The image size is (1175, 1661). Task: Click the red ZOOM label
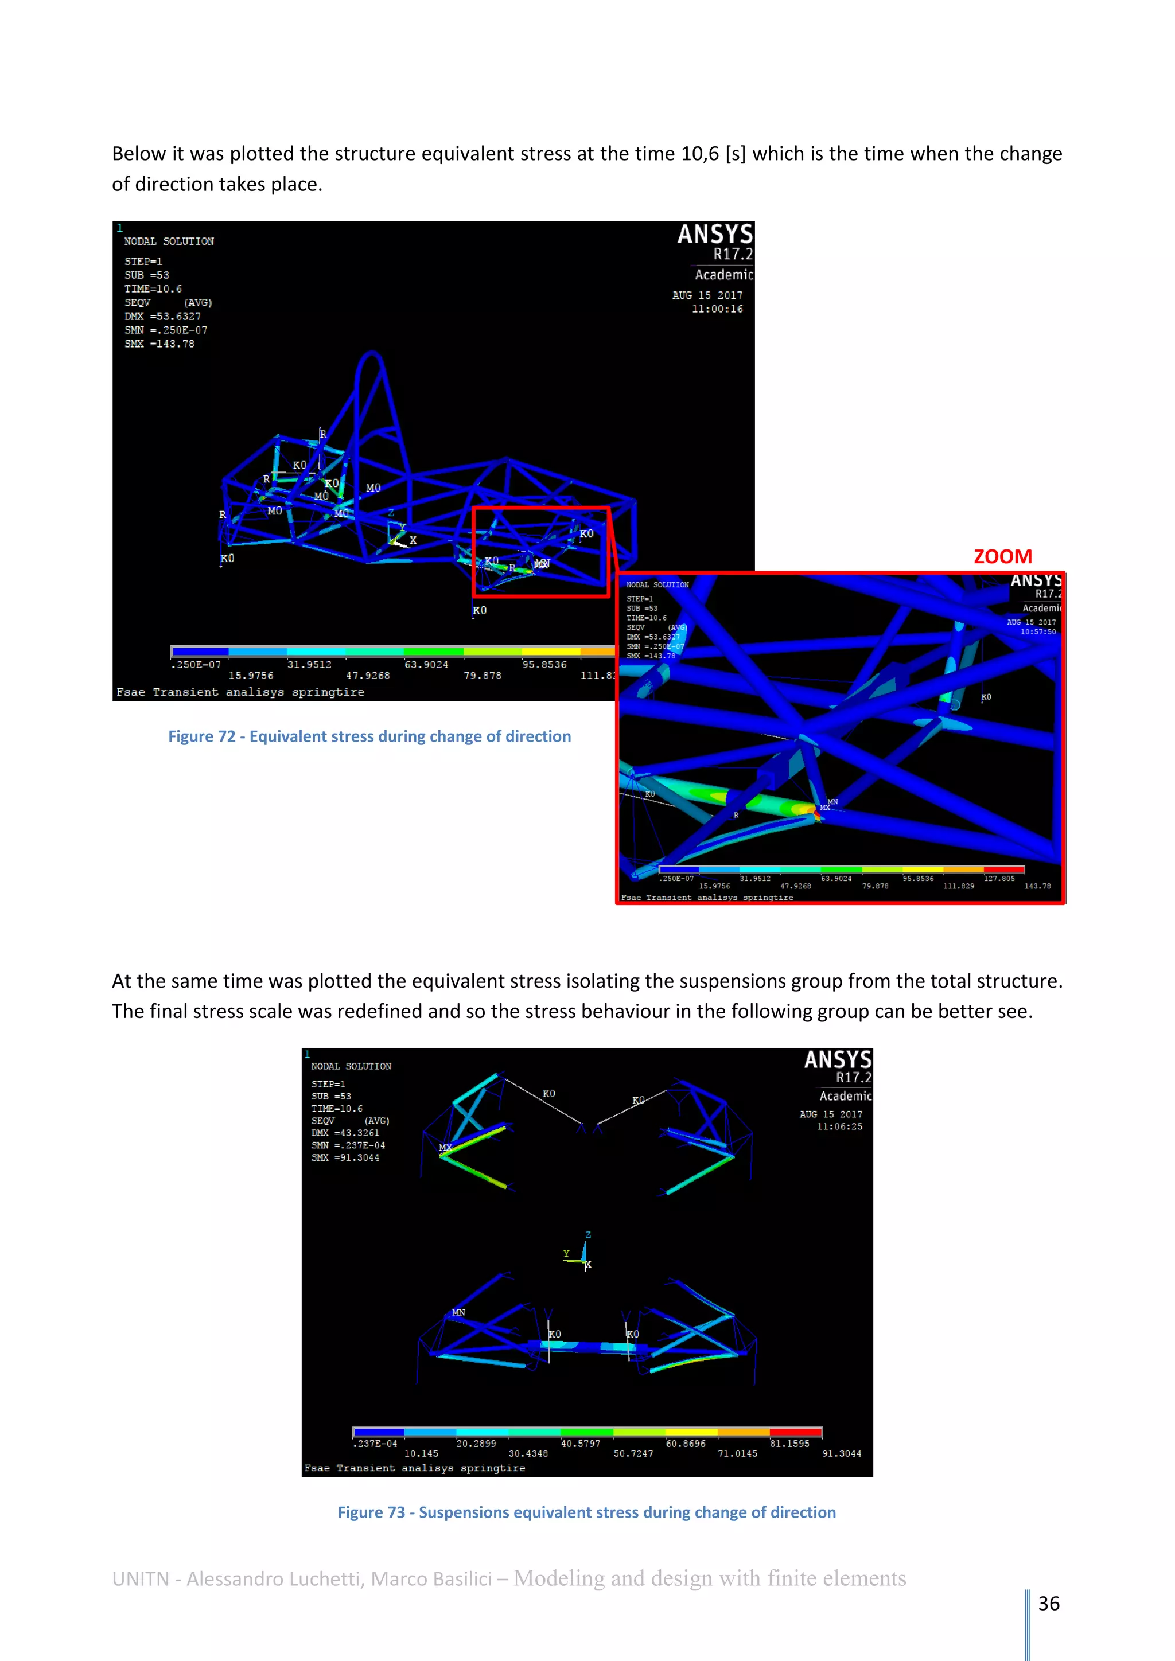click(x=1002, y=556)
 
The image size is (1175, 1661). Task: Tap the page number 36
click(x=1048, y=1603)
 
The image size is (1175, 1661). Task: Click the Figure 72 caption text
click(x=369, y=736)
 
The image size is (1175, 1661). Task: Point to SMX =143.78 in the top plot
click(x=159, y=344)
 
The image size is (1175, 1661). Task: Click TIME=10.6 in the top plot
click(x=153, y=288)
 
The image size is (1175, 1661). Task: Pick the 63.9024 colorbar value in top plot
click(x=426, y=664)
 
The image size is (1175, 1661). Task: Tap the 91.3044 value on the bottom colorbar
click(x=842, y=1453)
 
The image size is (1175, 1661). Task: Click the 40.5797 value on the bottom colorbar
click(x=580, y=1443)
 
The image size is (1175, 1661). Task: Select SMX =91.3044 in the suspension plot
click(x=345, y=1157)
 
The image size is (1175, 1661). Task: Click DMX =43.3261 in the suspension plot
click(x=345, y=1133)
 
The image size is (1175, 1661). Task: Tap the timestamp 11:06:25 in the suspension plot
click(x=839, y=1126)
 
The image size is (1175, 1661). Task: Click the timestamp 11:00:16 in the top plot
click(x=717, y=309)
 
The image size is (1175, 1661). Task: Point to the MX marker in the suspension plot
click(x=445, y=1147)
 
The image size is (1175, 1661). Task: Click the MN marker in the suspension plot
click(x=458, y=1312)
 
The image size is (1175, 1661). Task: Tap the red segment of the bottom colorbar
click(x=795, y=1432)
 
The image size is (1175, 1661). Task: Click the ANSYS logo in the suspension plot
click(x=837, y=1060)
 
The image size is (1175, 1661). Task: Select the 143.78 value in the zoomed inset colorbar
click(x=1037, y=886)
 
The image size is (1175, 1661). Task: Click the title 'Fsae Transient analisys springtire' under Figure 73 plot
click(x=415, y=1468)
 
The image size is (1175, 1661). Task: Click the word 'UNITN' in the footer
click(x=141, y=1578)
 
